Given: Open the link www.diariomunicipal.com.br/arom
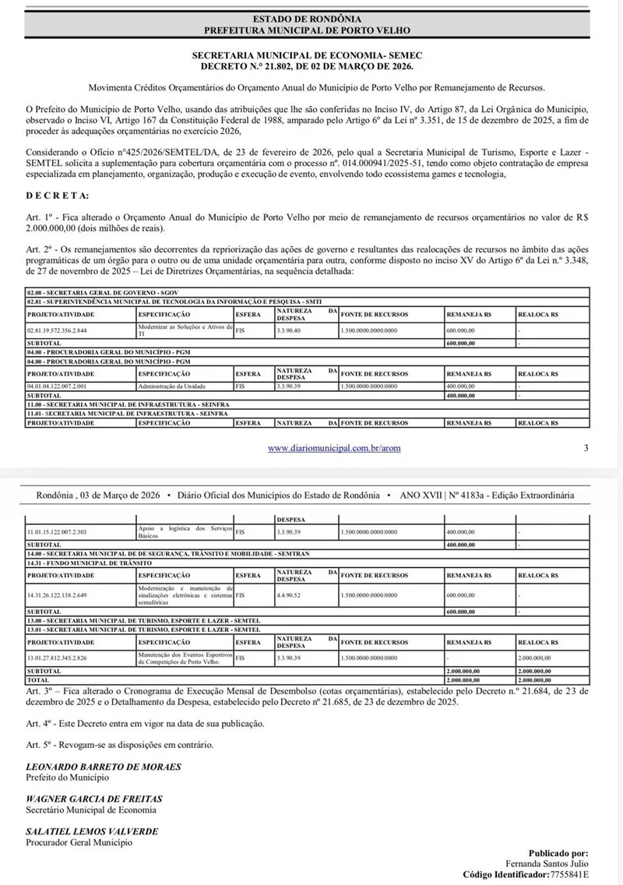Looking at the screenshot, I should [334, 448].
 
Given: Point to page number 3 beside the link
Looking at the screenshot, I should [586, 448].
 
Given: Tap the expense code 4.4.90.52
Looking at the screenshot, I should [289, 594].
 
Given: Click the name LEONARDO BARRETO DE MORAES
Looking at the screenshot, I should [104, 767].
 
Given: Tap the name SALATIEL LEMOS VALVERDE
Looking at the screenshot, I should [92, 831].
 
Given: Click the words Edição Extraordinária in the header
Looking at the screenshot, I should [537, 495].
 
